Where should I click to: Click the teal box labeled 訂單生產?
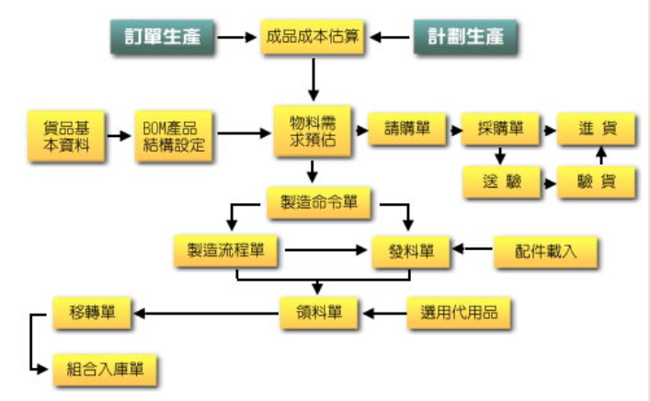162,37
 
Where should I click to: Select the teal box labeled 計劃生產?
465,37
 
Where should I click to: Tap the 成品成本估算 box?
313,37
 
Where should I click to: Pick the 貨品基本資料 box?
66,136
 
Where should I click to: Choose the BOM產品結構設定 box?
174,136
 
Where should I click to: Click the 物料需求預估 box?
313,131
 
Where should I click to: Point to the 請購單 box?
407,129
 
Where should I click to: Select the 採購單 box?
500,129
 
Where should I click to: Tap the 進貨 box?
596,129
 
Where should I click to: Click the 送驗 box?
502,182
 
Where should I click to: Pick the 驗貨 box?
596,182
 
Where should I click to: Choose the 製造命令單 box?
319,202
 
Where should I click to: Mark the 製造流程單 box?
225,250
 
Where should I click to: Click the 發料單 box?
411,252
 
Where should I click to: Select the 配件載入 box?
545,252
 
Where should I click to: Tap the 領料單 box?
319,313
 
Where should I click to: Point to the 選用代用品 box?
459,313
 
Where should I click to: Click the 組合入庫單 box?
105,370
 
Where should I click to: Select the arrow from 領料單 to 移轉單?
206,314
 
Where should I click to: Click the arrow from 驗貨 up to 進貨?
601,155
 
